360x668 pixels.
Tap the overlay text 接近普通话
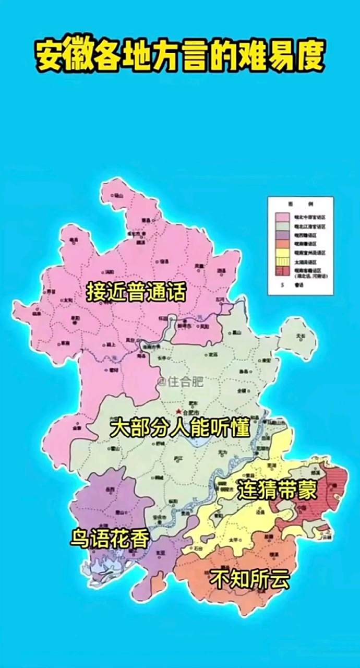point(136,292)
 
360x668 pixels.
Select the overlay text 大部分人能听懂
point(180,429)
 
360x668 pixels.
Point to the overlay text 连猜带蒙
point(277,490)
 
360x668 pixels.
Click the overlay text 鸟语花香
point(110,539)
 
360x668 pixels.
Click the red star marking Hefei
point(178,412)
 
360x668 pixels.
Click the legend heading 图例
point(300,202)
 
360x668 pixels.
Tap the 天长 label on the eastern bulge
point(299,337)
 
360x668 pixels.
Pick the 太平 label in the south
point(232,539)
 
